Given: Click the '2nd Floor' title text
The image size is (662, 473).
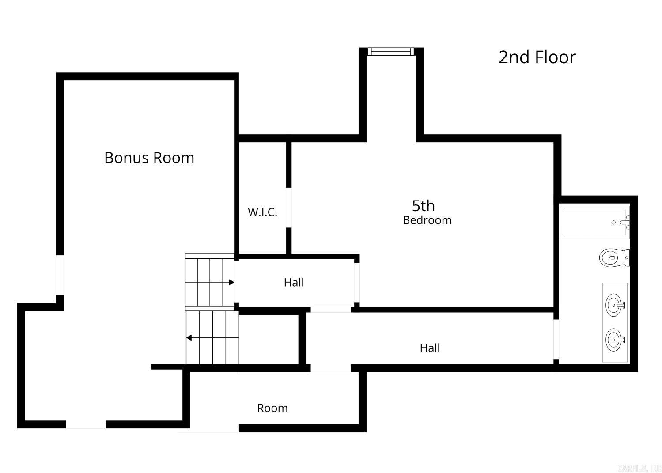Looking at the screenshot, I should (x=537, y=57).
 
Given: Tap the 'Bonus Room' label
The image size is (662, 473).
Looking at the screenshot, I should (x=149, y=158).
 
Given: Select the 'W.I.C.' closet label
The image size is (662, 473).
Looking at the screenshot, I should (x=262, y=212).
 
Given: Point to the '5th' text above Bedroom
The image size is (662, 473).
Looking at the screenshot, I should (x=423, y=206).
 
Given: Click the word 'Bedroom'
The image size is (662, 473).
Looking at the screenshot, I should (x=427, y=220).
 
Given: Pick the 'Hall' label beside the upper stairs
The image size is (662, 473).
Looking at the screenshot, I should (x=294, y=282).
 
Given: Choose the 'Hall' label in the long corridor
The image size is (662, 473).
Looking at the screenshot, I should (x=430, y=348).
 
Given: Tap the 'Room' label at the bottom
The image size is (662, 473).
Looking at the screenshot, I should (x=272, y=408).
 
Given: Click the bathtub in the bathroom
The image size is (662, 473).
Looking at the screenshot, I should (x=594, y=223).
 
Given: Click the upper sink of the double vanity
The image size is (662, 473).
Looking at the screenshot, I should (x=615, y=305).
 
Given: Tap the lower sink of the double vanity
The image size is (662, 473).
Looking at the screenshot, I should (x=615, y=340).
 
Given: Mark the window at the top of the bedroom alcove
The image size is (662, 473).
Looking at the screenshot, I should (x=391, y=52).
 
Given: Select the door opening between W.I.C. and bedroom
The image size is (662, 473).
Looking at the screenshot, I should (x=289, y=208).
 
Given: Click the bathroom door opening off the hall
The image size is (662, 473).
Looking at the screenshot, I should (x=556, y=339).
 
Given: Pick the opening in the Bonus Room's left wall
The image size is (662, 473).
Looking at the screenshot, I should (x=59, y=274).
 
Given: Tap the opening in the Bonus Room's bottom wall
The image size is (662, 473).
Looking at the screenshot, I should (x=86, y=424).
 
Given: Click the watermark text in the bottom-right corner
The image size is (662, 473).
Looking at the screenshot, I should (x=639, y=468).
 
